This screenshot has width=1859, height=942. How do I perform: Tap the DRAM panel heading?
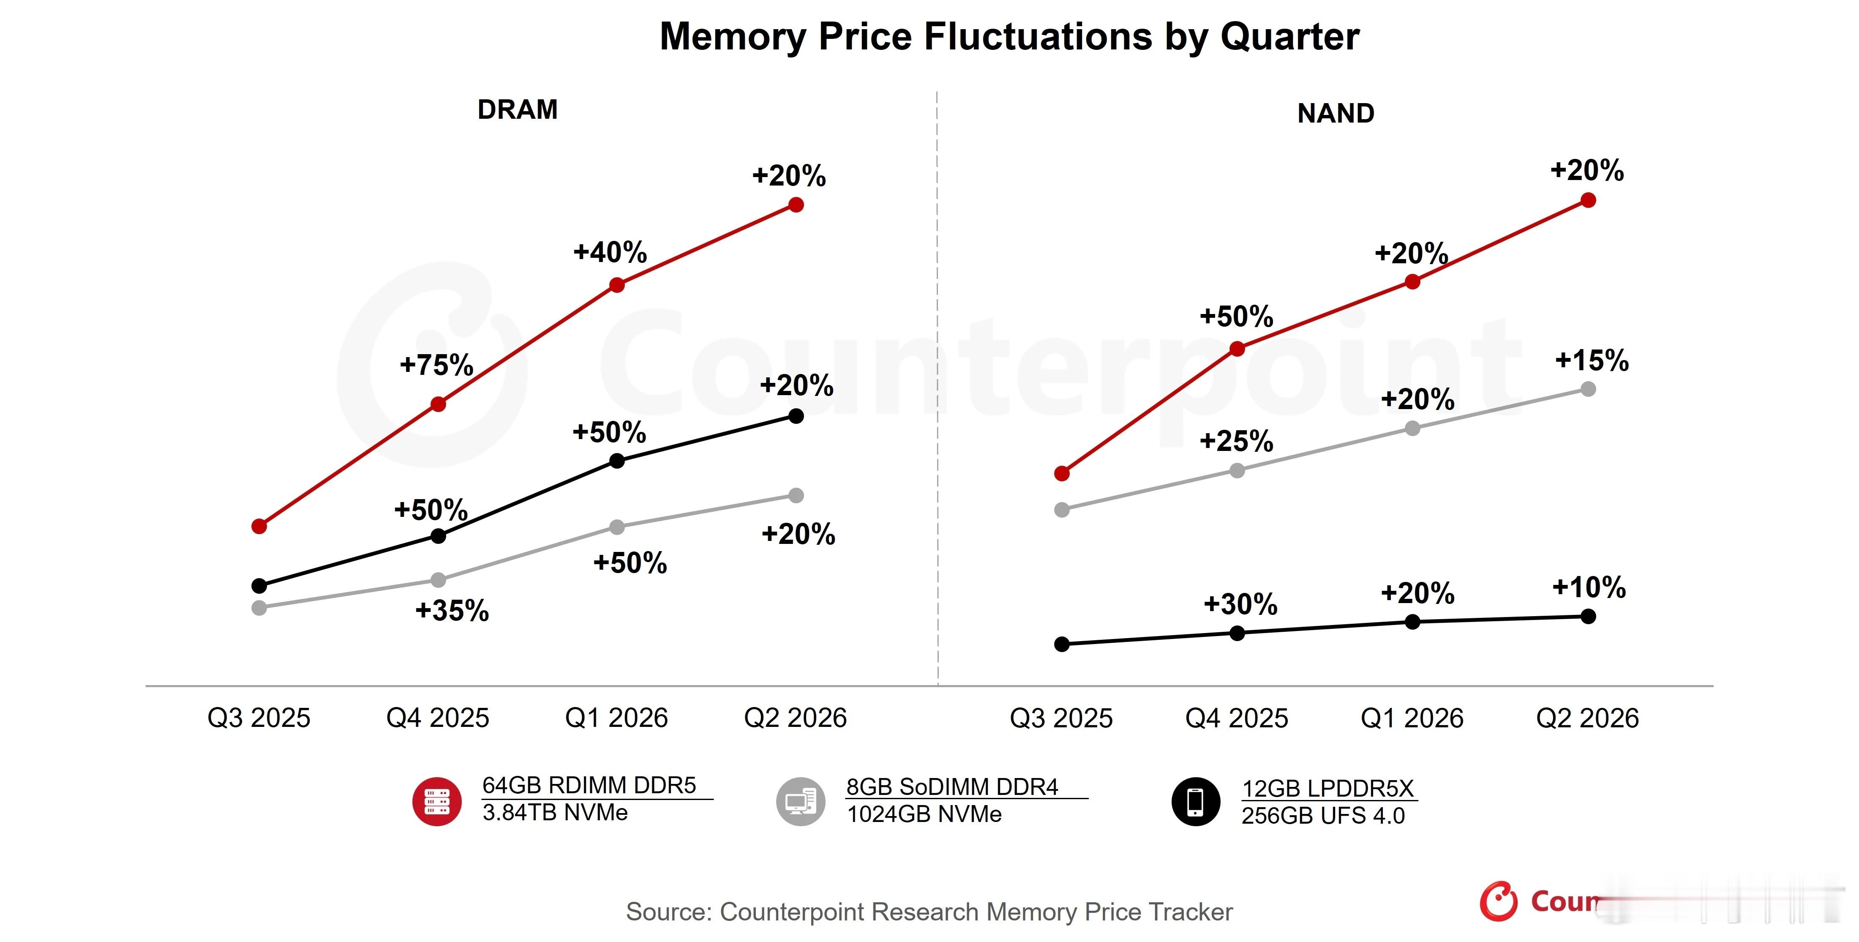518,110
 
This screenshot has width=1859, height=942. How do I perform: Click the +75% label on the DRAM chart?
436,365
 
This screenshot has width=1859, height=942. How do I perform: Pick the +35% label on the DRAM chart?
452,611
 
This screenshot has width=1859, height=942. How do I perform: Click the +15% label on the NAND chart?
1591,360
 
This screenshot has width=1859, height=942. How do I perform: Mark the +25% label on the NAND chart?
1236,441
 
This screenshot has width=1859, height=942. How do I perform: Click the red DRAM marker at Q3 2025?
259,526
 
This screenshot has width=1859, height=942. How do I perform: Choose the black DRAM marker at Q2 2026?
796,416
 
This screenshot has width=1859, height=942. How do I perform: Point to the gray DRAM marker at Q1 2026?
617,527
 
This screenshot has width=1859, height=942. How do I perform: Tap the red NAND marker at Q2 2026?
1588,200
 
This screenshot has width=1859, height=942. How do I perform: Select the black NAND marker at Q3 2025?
1062,644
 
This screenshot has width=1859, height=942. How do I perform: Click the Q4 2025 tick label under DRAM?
437,718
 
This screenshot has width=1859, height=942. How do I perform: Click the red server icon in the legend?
436,801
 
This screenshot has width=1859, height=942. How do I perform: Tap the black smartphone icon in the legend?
1196,801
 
